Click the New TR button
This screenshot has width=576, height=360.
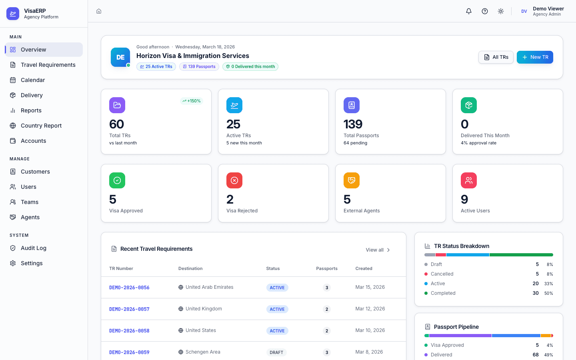pos(535,57)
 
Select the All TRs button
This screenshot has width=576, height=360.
pos(496,57)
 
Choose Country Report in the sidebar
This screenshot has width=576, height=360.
pos(41,126)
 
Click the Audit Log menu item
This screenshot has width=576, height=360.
pos(33,248)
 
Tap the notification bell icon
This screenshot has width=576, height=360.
pos(469,11)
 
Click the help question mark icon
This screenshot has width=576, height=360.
pos(485,11)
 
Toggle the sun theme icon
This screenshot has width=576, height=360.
pos(501,11)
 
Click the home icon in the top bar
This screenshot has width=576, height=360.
pos(99,11)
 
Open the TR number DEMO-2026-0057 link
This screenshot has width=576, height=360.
pos(129,309)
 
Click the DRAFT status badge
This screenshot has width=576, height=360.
pos(276,352)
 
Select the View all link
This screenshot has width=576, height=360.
pos(378,250)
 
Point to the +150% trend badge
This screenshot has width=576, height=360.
pos(192,101)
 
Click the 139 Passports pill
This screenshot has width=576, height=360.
pos(199,67)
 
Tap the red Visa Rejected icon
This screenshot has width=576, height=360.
pos(234,180)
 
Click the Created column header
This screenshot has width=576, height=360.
pos(364,268)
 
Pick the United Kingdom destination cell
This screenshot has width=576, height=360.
pos(203,309)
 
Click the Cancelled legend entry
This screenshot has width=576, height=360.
pos(442,274)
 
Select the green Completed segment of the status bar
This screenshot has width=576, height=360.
pos(521,255)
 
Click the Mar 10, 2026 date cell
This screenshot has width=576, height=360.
pos(370,330)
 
